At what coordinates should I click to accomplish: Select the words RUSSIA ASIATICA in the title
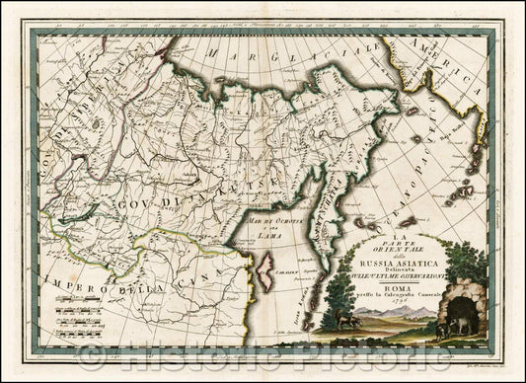point(398,260)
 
